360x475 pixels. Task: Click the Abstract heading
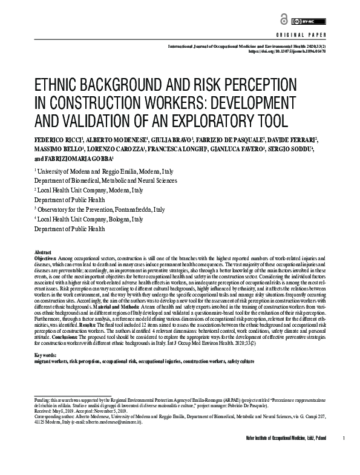(43, 252)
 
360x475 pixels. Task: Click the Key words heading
(46, 355)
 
